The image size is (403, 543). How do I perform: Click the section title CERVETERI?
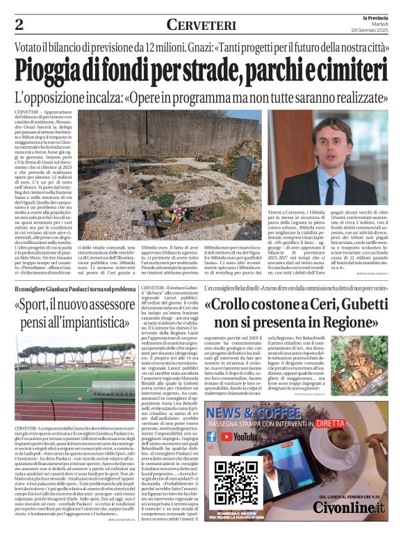coord(201,25)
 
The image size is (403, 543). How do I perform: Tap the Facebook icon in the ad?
coord(213,437)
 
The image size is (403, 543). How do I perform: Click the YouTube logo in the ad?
coord(239,437)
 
